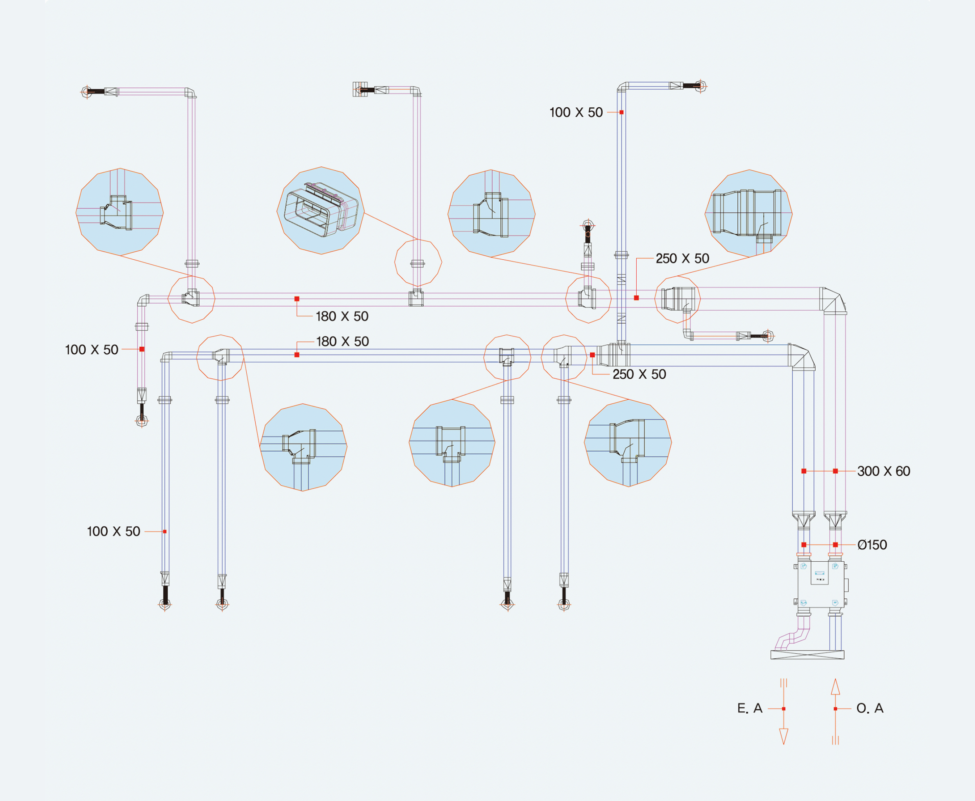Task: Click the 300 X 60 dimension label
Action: [883, 471]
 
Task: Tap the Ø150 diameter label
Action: [872, 545]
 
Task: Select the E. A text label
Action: [749, 708]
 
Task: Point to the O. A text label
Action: [870, 708]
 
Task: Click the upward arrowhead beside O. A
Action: [835, 687]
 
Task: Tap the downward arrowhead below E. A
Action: [784, 736]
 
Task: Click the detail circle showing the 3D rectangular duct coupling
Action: [321, 210]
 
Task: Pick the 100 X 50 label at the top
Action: [576, 112]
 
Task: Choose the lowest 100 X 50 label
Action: [114, 532]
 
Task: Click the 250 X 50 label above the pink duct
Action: [682, 259]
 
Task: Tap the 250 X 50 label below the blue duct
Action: [639, 374]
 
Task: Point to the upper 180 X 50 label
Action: [342, 316]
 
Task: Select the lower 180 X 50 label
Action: [342, 342]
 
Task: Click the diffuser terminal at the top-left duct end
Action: [86, 92]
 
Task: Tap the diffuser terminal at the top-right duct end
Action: [701, 86]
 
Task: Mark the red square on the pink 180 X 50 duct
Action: [296, 299]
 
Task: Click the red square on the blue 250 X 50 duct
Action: [592, 355]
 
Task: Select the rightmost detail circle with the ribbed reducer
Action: [748, 213]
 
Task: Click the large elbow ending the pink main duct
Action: [833, 300]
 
